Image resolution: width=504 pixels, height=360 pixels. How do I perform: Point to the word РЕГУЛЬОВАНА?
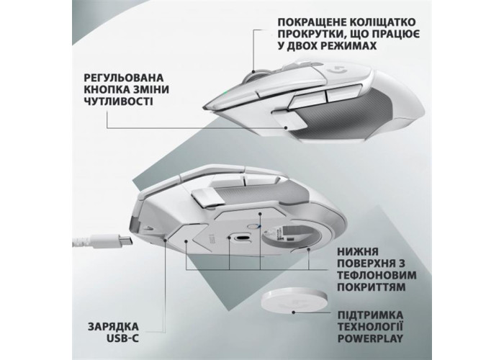click(123, 78)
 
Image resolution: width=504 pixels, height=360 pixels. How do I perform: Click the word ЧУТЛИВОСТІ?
click(119, 101)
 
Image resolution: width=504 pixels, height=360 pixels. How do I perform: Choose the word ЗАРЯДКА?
click(114, 327)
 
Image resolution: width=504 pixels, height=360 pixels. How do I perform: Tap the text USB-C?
click(123, 338)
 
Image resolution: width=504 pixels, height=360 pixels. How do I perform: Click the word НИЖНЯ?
click(358, 251)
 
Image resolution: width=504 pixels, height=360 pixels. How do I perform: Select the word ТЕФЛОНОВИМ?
click(377, 275)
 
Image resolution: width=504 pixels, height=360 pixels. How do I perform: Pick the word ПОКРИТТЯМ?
click(372, 287)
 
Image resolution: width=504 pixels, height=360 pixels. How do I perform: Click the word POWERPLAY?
click(370, 338)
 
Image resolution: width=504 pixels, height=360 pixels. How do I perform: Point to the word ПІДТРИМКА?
click(370, 315)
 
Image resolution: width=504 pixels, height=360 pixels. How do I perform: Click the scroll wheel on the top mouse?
click(255, 76)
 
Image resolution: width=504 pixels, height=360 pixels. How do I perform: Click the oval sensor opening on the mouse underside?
click(242, 238)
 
